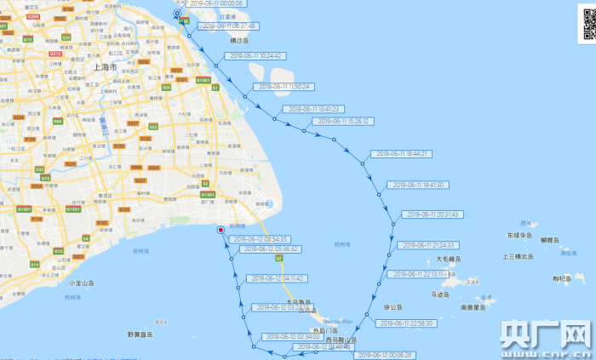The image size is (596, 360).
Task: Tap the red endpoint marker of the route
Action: (x=221, y=229)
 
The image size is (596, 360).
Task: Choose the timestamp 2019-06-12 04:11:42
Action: (x=278, y=278)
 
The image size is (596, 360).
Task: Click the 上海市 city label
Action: (x=102, y=66)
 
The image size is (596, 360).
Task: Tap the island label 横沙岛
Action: (x=239, y=40)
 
